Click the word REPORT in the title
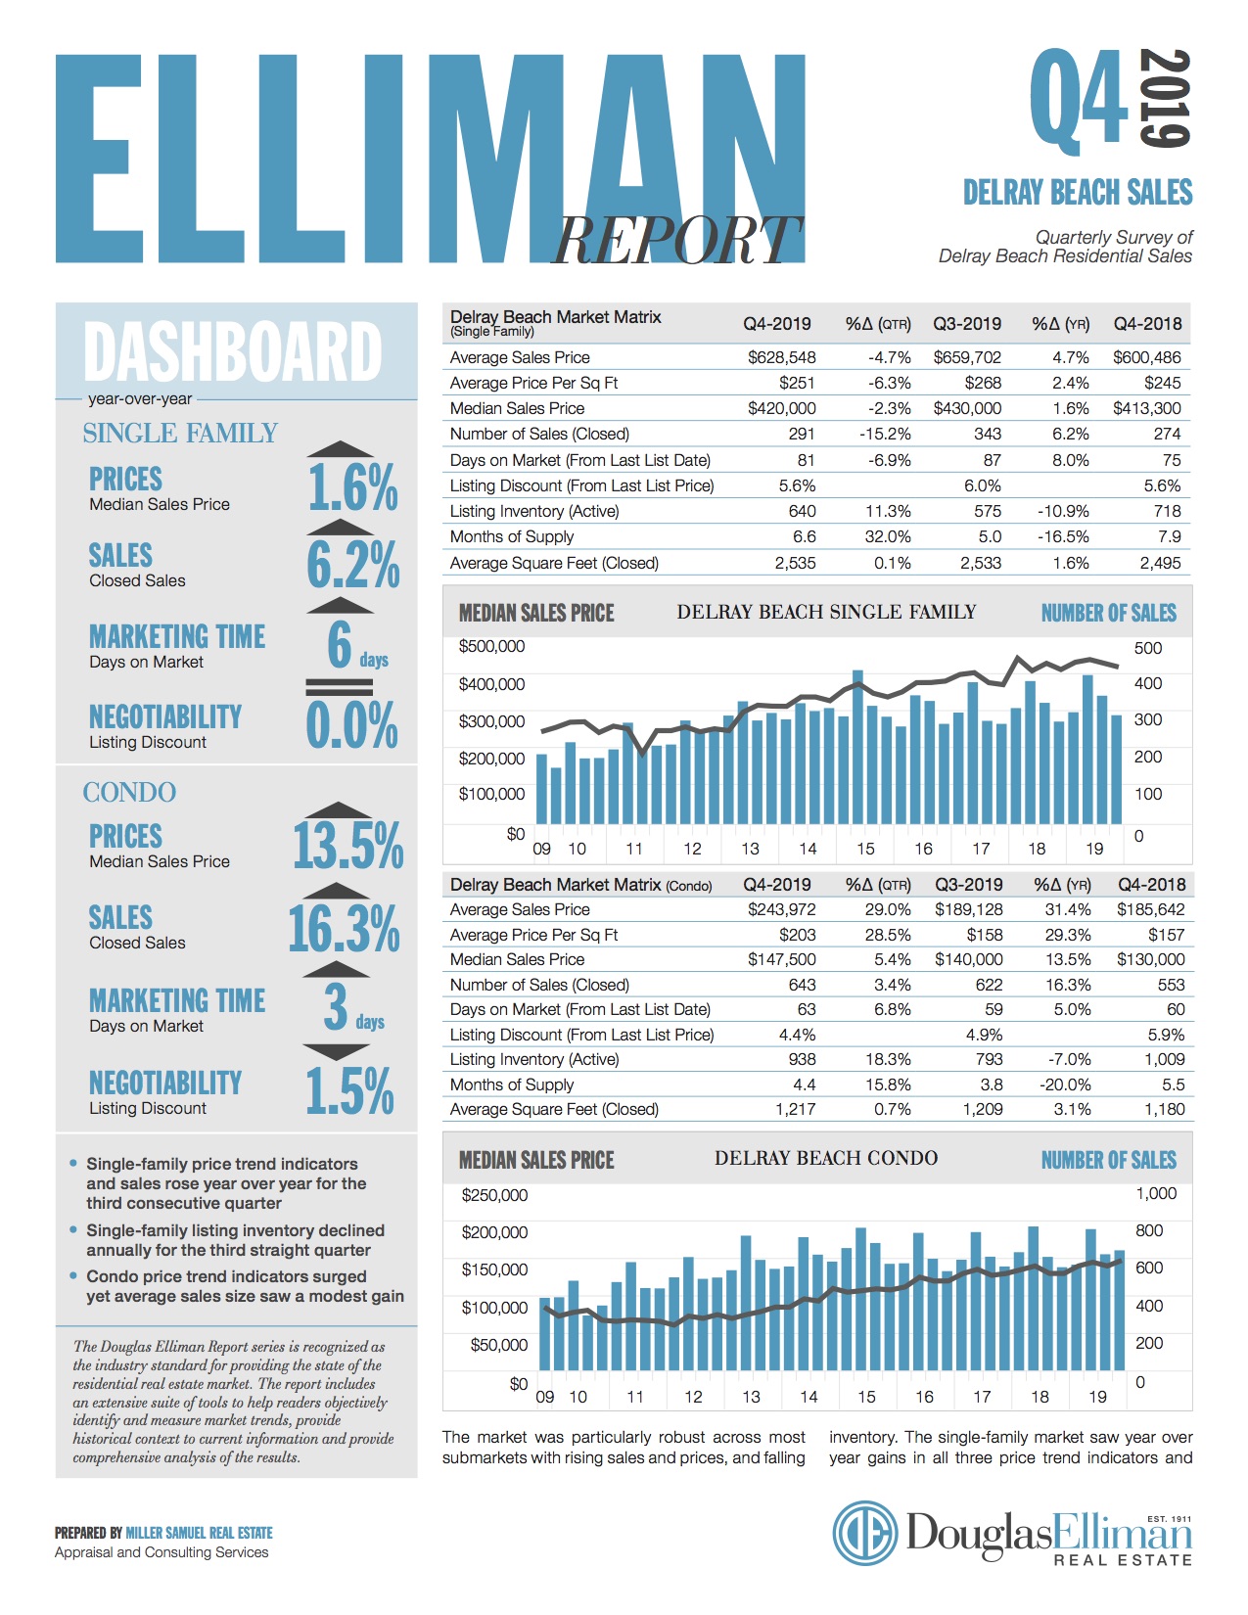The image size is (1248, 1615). tap(676, 241)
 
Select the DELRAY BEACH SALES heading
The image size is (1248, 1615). tap(1078, 192)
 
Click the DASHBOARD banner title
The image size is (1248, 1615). tap(233, 351)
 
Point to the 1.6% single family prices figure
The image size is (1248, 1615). tap(352, 488)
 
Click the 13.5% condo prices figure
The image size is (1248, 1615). tap(347, 847)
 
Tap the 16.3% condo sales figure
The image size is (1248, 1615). tap(344, 929)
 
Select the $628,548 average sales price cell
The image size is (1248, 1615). tap(781, 357)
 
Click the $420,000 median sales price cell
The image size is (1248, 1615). tap(781, 408)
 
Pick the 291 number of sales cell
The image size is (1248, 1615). tap(801, 434)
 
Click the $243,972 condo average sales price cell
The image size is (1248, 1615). tap(781, 909)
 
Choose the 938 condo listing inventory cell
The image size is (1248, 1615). tap(802, 1059)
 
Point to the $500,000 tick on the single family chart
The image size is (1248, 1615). tap(491, 646)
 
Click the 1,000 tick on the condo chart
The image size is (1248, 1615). tap(1156, 1193)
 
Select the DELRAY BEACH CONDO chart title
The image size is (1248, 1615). tap(826, 1159)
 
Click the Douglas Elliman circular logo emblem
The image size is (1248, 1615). tap(865, 1534)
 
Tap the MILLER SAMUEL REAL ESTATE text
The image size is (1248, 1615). tap(199, 1533)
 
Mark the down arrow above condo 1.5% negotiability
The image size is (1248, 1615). tap(336, 1052)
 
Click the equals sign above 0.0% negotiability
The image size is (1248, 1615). tap(339, 686)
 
